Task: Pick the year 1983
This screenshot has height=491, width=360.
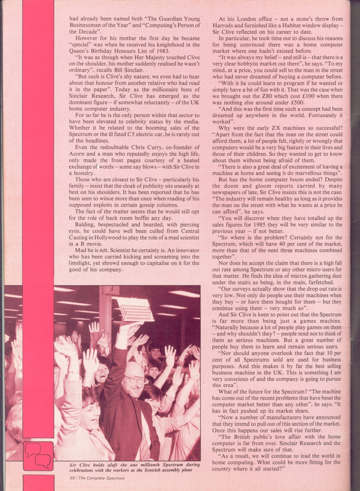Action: coord(162,51)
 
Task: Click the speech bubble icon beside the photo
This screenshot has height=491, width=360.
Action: coord(38,455)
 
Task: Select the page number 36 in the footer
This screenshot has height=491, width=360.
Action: coord(72,478)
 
